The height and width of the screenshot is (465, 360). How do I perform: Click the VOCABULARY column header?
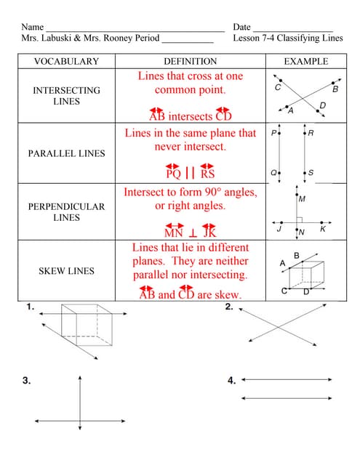coord(66,62)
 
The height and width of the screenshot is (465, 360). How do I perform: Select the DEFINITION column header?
coord(190,62)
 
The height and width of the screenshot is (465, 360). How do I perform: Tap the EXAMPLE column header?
coord(305,62)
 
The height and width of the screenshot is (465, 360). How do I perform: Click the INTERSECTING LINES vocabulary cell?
coord(66,96)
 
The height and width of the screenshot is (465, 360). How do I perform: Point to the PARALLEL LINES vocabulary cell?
coord(66,153)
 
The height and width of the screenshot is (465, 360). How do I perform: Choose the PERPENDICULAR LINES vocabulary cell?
coord(66,211)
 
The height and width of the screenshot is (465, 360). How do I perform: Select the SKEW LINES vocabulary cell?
coord(66,271)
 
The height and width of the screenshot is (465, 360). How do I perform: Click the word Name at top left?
coord(33,27)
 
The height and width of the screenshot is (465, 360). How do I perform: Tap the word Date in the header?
coord(242,27)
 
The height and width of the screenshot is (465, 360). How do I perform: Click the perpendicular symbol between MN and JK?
coord(193,233)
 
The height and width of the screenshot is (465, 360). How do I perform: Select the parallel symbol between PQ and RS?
coord(191,174)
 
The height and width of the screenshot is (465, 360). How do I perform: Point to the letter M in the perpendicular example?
coord(302,198)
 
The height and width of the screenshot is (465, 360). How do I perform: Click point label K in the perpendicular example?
coord(323,229)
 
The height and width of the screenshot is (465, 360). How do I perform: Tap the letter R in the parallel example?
coord(311,133)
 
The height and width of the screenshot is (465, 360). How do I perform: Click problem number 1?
coord(30,307)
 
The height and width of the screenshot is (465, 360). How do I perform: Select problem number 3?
coord(26,380)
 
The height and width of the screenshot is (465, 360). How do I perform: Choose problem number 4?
coord(231,380)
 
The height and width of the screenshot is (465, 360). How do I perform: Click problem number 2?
coord(229,307)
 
